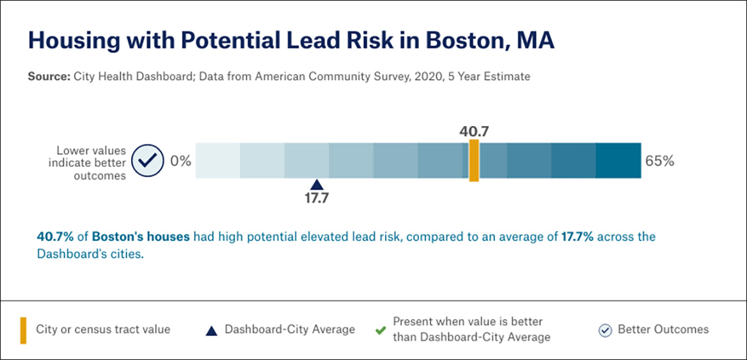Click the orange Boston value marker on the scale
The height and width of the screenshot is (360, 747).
point(474,161)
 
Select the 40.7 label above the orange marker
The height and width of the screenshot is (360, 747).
point(474,132)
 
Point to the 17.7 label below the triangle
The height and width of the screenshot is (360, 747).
point(316,198)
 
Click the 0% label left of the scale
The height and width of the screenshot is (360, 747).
point(181,161)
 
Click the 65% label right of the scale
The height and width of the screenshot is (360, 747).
point(659,161)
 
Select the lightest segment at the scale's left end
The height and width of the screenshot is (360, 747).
point(217,161)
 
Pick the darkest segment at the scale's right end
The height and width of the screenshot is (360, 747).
point(618,161)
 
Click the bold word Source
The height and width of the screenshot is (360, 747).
point(49,77)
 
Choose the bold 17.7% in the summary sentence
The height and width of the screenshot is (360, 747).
point(578,237)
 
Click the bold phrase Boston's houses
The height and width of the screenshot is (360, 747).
point(141,237)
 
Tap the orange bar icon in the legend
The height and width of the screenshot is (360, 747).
point(23,330)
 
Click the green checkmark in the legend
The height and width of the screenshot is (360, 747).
point(380,331)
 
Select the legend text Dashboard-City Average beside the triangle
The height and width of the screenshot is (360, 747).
point(290,330)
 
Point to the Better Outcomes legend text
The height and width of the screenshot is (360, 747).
point(663,330)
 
